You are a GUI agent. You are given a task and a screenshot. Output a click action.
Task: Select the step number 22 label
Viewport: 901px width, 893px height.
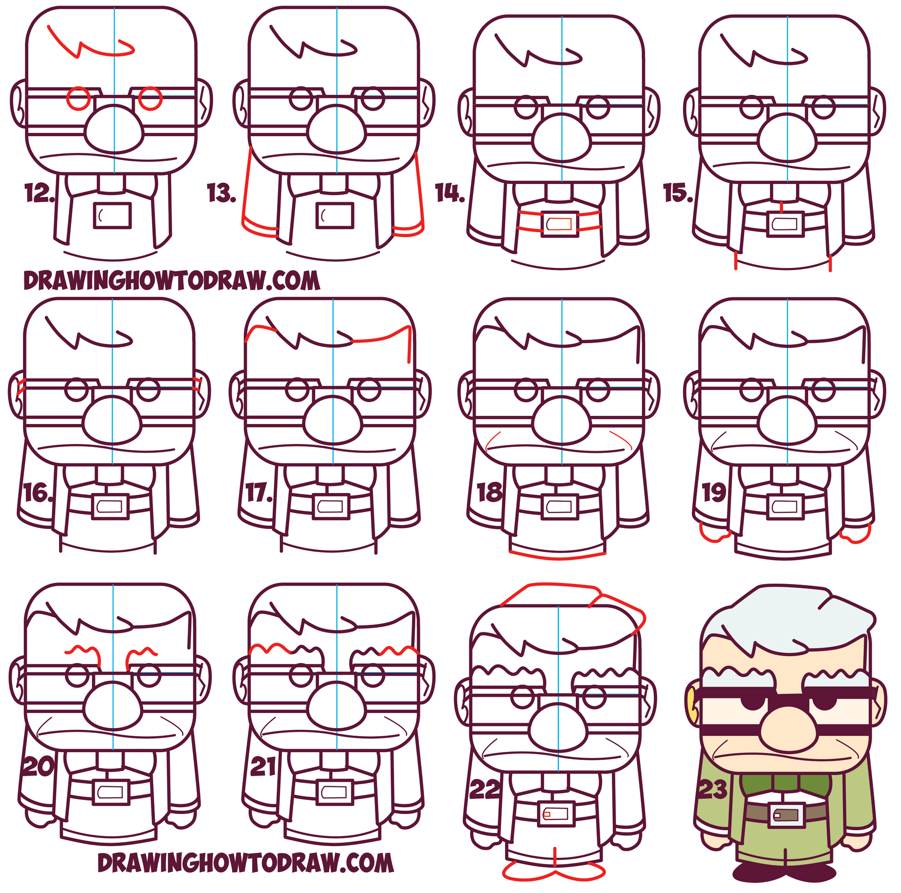click(484, 789)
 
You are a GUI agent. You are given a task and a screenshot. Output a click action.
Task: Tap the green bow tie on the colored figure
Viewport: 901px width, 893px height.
click(786, 784)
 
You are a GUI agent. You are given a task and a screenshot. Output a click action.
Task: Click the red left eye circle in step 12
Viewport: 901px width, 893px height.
click(78, 98)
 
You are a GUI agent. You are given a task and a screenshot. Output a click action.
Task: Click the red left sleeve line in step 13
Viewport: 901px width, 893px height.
click(247, 187)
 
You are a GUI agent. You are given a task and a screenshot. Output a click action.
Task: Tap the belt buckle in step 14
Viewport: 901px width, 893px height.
click(559, 225)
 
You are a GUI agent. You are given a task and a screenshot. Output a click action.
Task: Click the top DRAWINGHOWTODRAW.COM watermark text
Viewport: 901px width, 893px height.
click(172, 281)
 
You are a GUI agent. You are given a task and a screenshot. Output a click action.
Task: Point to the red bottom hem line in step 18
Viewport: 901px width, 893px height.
click(558, 557)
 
